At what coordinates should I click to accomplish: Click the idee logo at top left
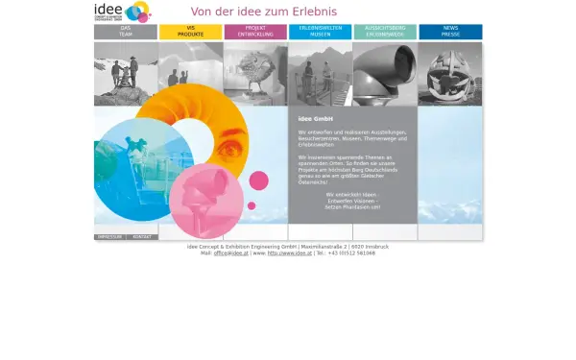point(122,12)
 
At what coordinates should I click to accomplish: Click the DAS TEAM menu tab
point(126,32)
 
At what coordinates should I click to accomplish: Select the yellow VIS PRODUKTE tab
point(190,32)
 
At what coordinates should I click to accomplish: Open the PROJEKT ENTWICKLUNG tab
point(255,32)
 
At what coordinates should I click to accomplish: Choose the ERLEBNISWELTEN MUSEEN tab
point(321,32)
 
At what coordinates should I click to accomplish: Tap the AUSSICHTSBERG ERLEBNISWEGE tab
point(385,32)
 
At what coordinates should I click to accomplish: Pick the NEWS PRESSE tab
point(450,32)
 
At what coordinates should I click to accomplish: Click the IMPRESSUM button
point(109,236)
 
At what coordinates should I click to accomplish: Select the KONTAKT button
point(142,236)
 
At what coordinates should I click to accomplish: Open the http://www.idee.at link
point(291,253)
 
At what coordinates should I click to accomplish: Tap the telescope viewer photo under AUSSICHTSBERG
point(384,73)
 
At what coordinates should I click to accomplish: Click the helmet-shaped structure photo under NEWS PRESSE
point(449,73)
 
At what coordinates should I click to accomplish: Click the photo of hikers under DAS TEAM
point(126,73)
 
